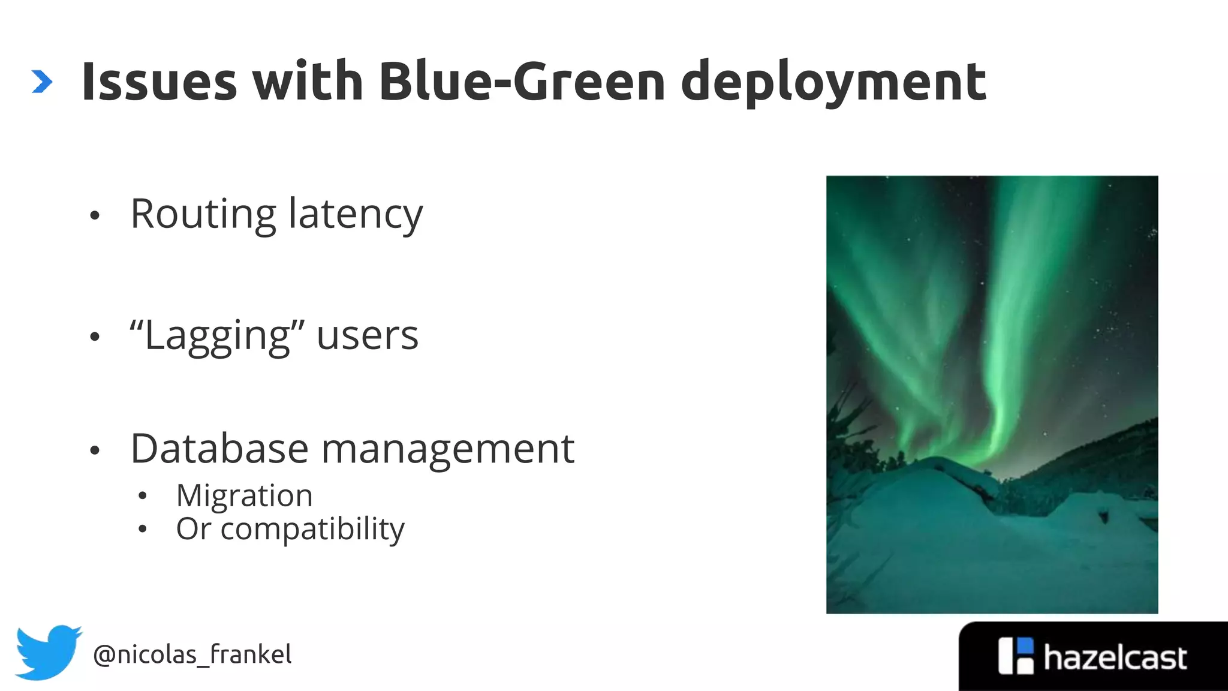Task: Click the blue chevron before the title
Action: tap(42, 82)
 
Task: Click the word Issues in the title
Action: tap(159, 82)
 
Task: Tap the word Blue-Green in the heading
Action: tap(522, 82)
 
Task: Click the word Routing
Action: tap(203, 215)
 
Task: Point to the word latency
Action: tap(356, 215)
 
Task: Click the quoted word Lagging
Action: tap(217, 336)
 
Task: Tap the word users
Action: tap(367, 336)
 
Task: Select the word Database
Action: tap(219, 449)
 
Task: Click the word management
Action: tap(448, 450)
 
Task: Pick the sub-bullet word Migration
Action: tap(244, 496)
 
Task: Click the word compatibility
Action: tap(312, 530)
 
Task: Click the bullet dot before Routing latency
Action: tap(94, 216)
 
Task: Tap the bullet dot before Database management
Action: tap(94, 450)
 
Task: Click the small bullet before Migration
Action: tap(142, 496)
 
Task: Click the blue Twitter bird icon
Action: tap(47, 652)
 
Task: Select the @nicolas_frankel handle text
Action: tap(192, 654)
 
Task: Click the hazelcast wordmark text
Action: tap(1115, 658)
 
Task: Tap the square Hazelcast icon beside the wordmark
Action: tap(1016, 656)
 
